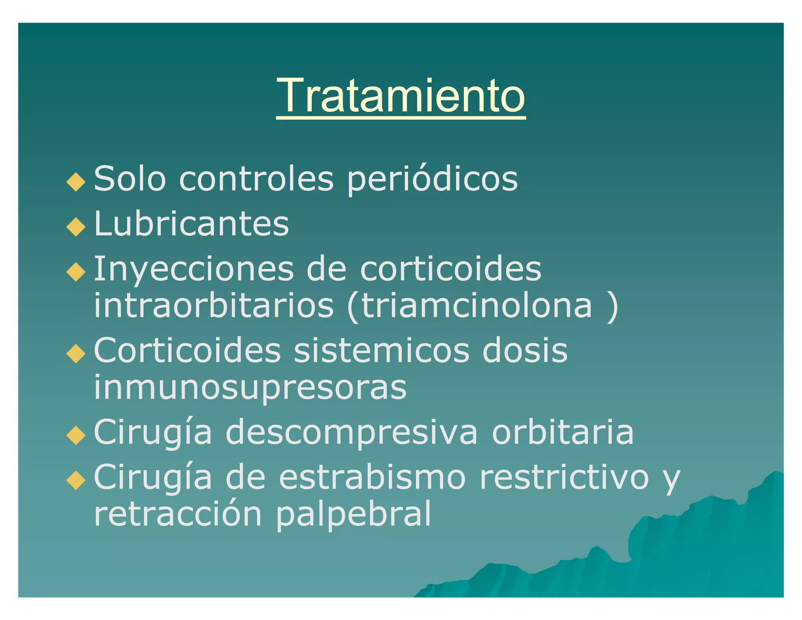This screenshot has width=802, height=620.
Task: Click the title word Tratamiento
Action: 401,96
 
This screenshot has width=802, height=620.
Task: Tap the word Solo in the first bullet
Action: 130,179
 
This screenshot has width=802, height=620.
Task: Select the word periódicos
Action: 432,179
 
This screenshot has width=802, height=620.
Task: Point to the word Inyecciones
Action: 194,270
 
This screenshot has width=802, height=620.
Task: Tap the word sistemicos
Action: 381,350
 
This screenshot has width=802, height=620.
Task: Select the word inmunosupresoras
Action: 250,387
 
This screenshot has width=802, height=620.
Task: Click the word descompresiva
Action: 352,433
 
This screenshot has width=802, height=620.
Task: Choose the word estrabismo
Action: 372,477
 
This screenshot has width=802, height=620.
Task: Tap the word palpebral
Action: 354,514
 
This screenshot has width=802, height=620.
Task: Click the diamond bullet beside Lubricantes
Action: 76,227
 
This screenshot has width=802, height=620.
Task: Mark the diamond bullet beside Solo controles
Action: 76,182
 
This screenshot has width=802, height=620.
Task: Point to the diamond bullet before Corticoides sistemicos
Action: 76,354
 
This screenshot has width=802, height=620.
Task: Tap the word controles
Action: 256,179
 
